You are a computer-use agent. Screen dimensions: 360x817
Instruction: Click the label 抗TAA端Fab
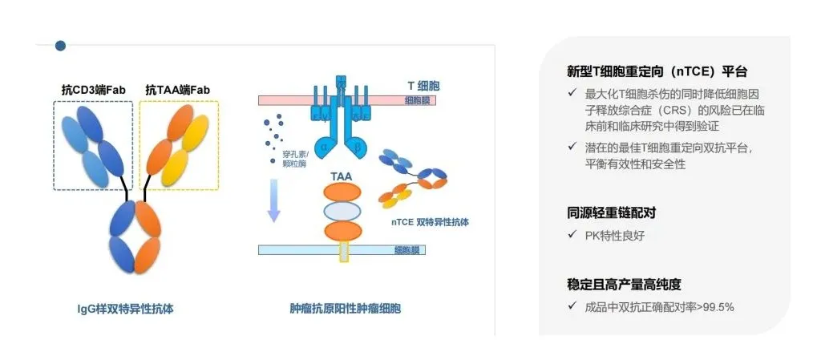177,90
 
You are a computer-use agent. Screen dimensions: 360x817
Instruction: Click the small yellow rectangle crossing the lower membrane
344,251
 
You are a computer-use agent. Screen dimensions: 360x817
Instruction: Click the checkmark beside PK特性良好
571,236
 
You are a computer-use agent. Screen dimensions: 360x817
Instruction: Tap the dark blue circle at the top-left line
61,46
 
